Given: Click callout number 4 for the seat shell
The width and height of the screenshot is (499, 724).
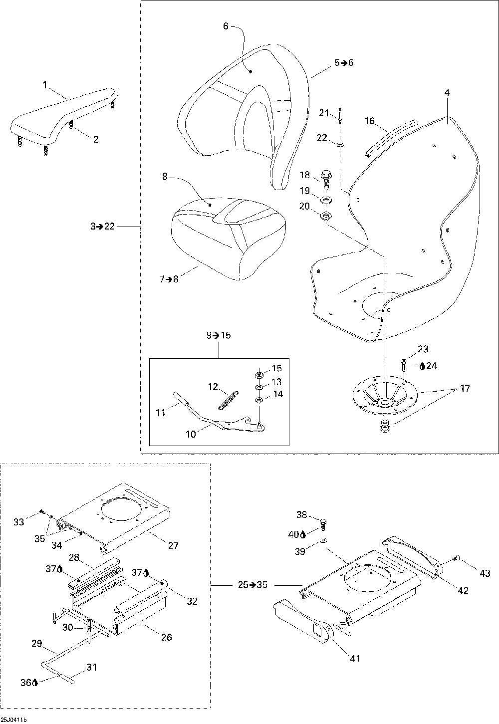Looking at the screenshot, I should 447,93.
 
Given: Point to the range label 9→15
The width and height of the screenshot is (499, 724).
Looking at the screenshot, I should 219,335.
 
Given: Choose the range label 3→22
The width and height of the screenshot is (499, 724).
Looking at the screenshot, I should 102,227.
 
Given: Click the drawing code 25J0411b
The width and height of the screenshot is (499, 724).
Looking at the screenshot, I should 13,720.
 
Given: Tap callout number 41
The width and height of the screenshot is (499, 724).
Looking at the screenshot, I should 355,659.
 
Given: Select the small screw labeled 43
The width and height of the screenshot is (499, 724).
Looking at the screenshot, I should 457,558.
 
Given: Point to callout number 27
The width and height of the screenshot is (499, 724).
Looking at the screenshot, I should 173,546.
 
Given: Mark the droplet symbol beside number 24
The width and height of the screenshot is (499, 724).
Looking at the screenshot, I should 422,366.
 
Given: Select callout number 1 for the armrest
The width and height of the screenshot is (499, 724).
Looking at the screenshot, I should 45,86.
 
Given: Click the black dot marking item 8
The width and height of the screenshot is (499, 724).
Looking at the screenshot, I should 210,205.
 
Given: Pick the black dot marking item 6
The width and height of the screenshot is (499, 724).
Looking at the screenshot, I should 250,72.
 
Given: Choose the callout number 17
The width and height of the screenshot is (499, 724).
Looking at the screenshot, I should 465,388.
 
